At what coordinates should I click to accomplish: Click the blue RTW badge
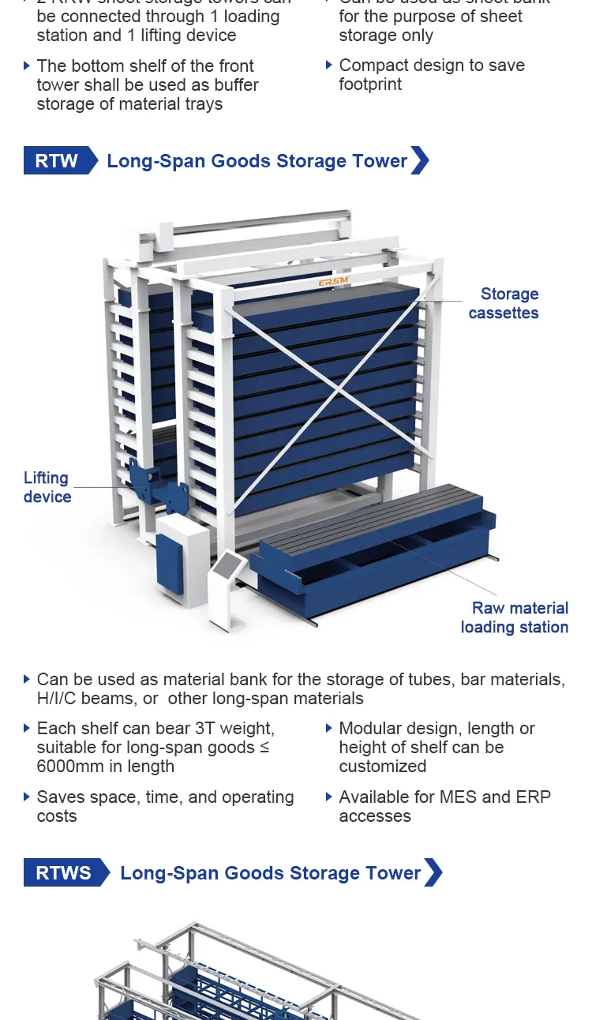(x=57, y=161)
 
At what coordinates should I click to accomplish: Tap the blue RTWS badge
(x=63, y=873)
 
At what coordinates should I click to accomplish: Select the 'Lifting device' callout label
(x=47, y=487)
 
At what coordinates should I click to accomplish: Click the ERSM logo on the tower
(x=334, y=282)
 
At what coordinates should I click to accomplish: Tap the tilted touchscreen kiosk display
(x=230, y=564)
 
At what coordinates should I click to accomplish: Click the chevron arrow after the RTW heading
(x=420, y=161)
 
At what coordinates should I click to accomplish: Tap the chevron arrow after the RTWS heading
(x=433, y=873)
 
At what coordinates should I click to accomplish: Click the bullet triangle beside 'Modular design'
(x=329, y=728)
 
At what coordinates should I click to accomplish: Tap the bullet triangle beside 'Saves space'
(x=27, y=797)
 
